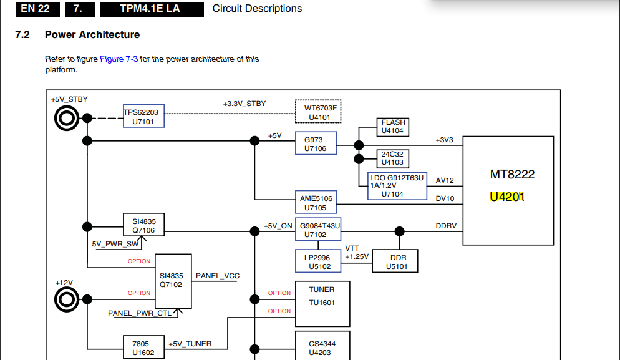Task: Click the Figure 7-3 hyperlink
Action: tap(119, 59)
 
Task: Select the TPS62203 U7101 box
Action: tap(143, 117)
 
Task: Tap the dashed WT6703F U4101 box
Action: tap(319, 112)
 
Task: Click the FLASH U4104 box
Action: tap(393, 127)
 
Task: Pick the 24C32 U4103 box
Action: tap(392, 158)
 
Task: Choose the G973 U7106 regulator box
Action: tap(316, 144)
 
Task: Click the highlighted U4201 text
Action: tap(507, 197)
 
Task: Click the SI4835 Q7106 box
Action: tap(144, 226)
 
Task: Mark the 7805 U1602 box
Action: tap(143, 348)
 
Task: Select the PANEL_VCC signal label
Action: tap(218, 276)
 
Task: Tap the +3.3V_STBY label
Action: tap(244, 104)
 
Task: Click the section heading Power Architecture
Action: tap(92, 35)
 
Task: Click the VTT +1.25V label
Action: tap(357, 253)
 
